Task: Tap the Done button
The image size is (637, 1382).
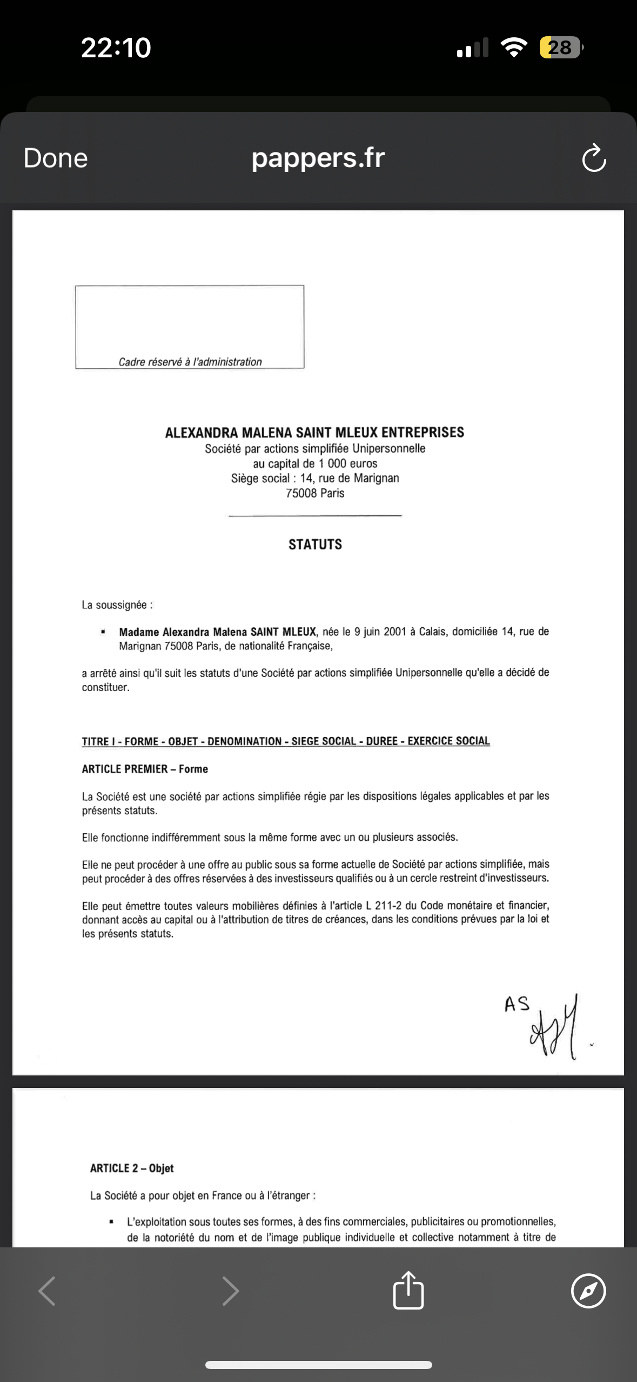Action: tap(56, 158)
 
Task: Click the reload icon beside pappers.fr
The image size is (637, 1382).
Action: tap(594, 158)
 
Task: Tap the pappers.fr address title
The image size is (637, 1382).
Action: tap(318, 158)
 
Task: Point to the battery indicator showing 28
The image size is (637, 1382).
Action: tap(561, 48)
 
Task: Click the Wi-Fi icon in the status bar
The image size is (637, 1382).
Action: tap(514, 48)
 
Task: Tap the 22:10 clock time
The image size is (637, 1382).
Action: tap(116, 48)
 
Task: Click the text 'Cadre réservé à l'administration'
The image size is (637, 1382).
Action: tap(190, 362)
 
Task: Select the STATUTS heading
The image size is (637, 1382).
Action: tap(315, 544)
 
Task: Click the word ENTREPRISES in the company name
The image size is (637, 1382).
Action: tap(423, 433)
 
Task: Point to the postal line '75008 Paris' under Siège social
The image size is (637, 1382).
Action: tap(315, 493)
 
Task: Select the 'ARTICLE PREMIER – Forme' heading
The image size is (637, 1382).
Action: tap(145, 769)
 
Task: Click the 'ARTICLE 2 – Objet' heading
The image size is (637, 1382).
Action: tap(132, 1168)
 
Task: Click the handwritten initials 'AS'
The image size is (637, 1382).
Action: tap(517, 1004)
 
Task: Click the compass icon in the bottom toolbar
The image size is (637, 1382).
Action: tap(588, 1291)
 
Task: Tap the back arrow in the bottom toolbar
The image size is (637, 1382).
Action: tap(47, 1291)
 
